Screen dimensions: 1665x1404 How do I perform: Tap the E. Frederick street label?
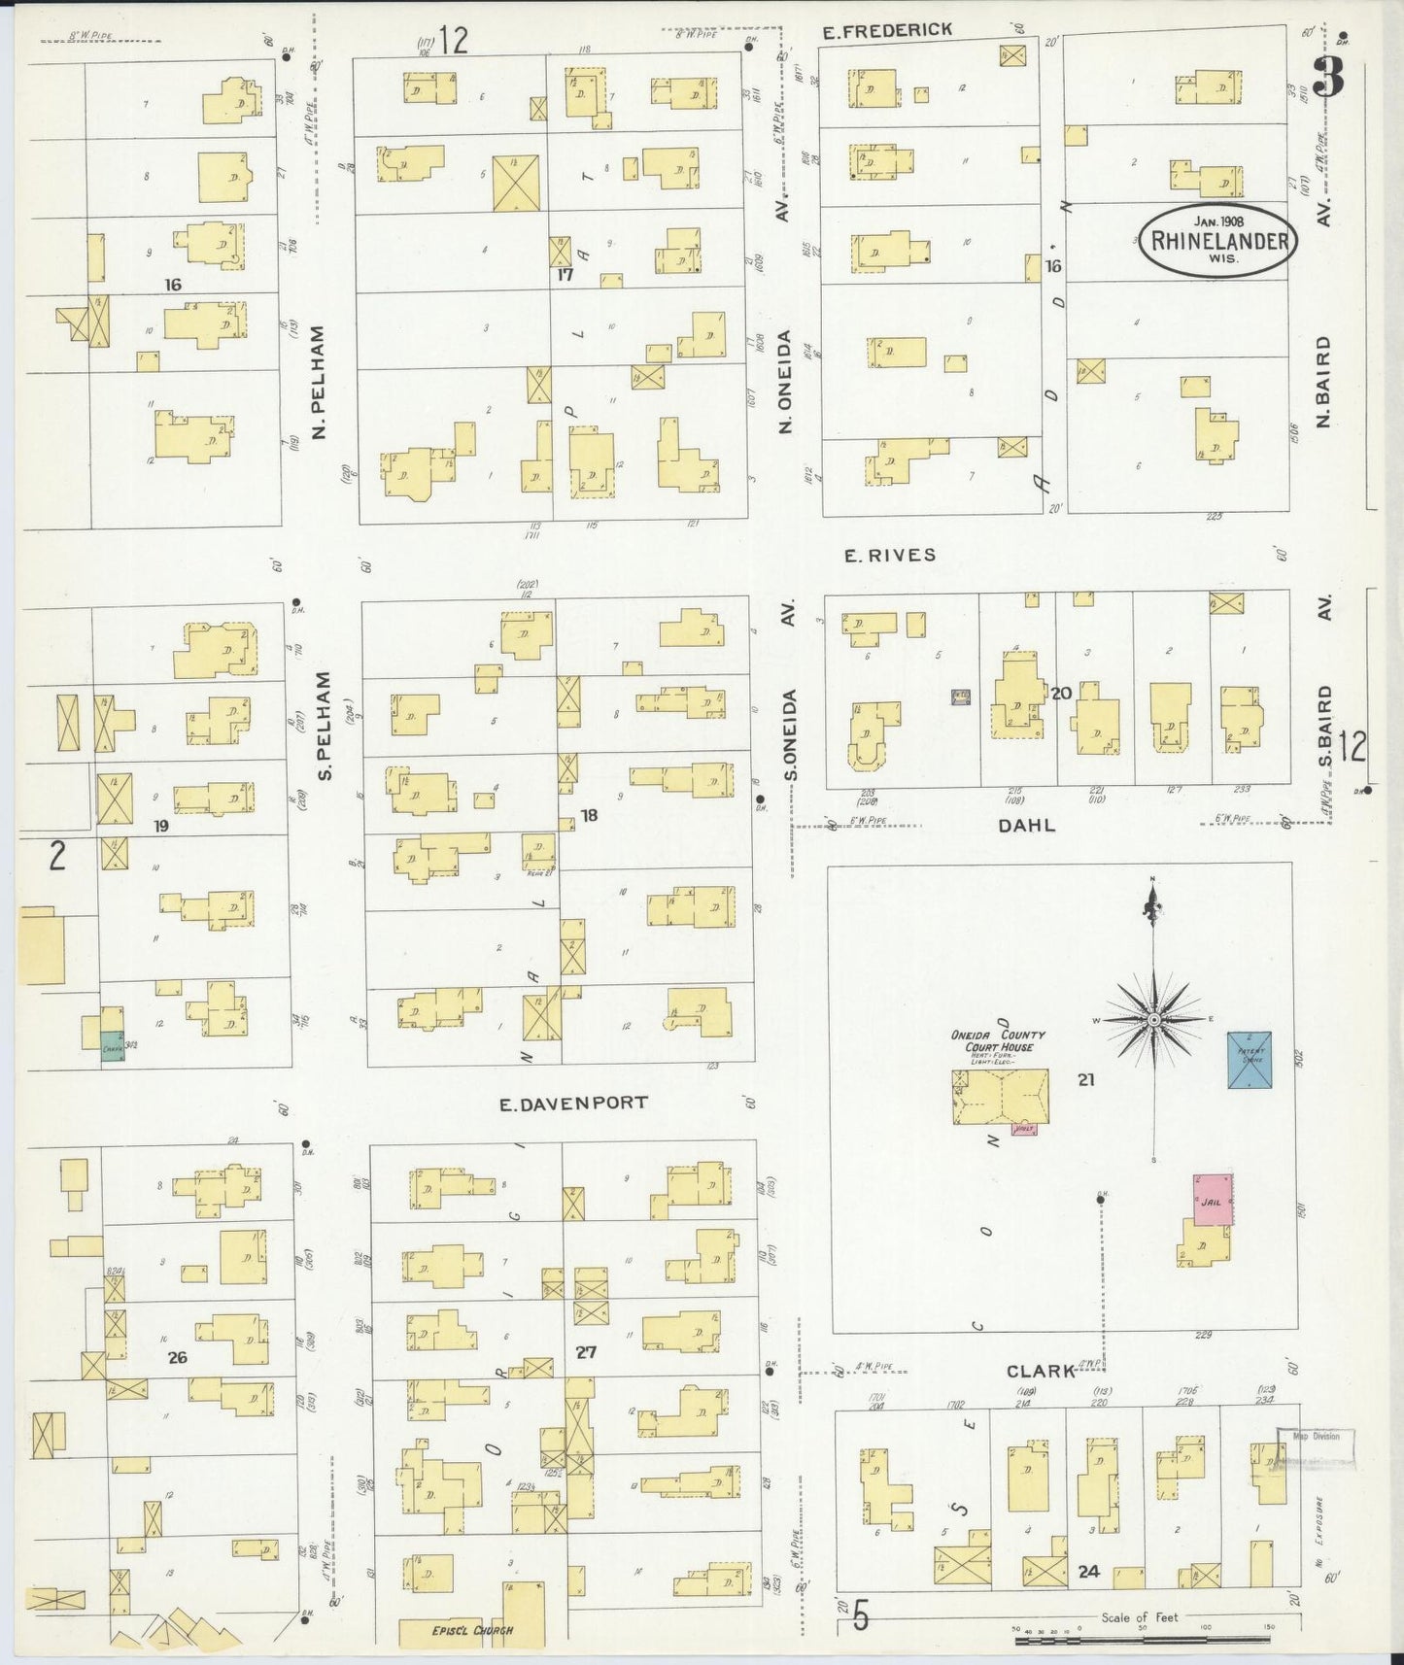point(886,31)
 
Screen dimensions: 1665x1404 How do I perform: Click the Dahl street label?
point(1026,826)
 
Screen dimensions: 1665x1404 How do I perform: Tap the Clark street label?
point(1041,1371)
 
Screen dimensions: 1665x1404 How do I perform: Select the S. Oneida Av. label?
point(791,733)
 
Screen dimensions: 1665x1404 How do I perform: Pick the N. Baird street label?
point(1323,381)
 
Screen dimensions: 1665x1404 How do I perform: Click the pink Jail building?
point(1213,1201)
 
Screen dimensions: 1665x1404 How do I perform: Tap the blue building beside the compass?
point(1249,1060)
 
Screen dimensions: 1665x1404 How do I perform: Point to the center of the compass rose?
point(1153,1019)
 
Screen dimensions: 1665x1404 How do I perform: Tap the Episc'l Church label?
point(472,1630)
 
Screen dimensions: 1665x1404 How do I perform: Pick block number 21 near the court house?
point(1086,1078)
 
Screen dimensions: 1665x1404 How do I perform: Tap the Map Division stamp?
point(1315,1436)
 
